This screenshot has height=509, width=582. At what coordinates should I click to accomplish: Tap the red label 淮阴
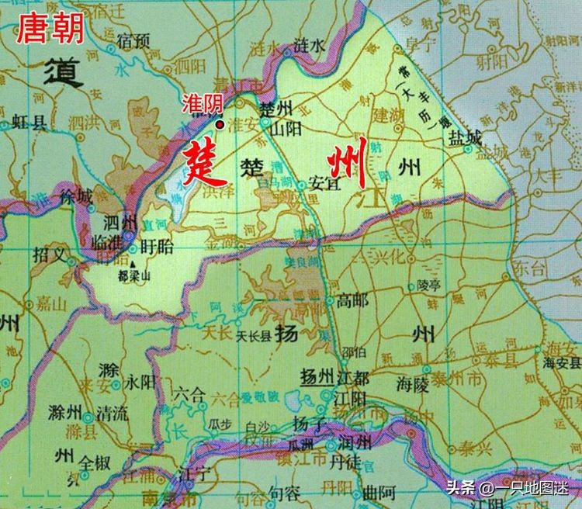(x=203, y=102)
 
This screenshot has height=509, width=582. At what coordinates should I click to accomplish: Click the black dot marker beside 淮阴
(x=220, y=124)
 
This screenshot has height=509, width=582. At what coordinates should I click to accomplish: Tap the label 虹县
(x=29, y=120)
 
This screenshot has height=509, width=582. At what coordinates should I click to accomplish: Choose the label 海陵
(x=412, y=383)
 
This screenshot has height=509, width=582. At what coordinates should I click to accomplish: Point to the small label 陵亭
(x=428, y=285)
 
